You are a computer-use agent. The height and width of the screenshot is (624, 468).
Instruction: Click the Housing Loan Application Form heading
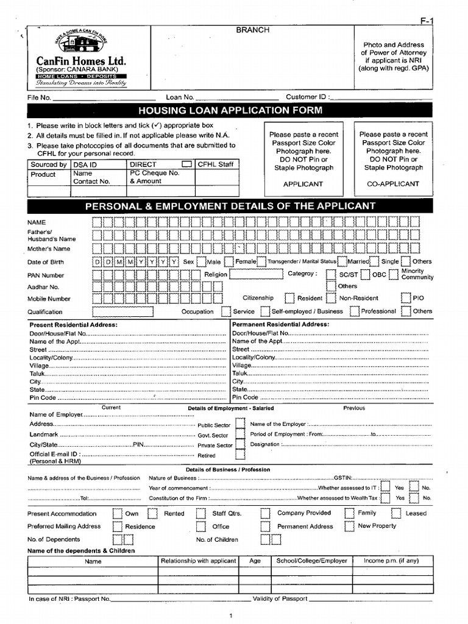tap(230, 110)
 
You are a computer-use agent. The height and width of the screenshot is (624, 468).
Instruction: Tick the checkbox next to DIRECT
tap(187, 165)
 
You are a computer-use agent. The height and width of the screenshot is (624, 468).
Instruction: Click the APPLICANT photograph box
tap(303, 159)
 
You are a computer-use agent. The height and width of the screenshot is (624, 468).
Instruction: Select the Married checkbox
tap(343, 261)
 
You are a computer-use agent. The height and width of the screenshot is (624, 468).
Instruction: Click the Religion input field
tap(255, 274)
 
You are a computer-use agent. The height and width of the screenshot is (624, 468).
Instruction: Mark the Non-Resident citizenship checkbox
tap(331, 298)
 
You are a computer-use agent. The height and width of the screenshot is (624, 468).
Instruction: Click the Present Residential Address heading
tap(74, 325)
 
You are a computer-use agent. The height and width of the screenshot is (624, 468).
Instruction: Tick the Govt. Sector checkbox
tap(241, 435)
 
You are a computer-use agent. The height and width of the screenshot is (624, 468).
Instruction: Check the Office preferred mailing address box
tap(200, 526)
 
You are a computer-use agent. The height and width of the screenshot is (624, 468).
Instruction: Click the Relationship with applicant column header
tap(197, 561)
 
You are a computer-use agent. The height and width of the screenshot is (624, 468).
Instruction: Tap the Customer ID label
tap(308, 97)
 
